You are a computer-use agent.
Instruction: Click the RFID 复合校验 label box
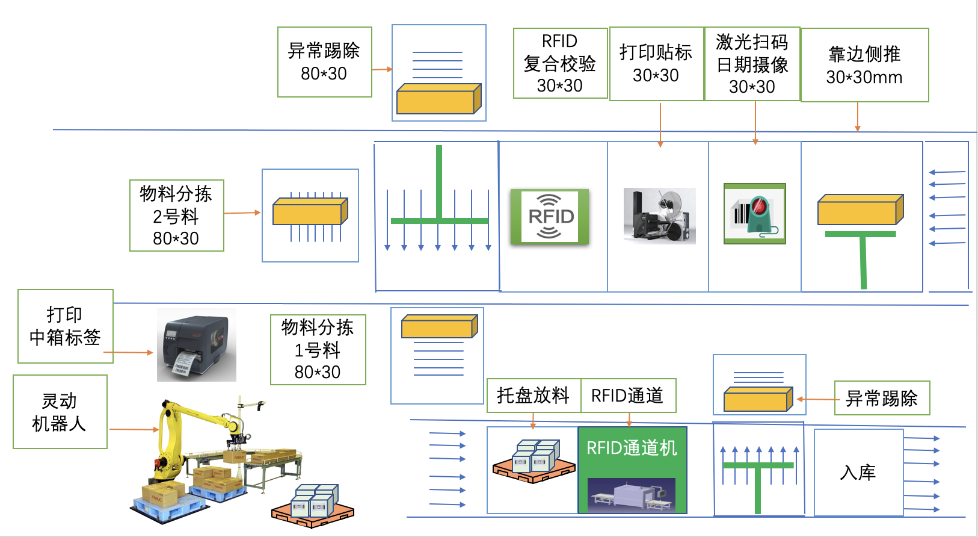pyautogui.click(x=560, y=63)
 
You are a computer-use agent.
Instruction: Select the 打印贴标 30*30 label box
pyautogui.click(x=656, y=63)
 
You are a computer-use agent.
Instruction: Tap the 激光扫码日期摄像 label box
pyautogui.click(x=752, y=63)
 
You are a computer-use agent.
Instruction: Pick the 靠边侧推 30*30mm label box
pyautogui.click(x=864, y=65)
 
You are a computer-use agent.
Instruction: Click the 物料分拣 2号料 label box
pyautogui.click(x=177, y=216)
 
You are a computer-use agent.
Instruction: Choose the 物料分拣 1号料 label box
pyautogui.click(x=318, y=349)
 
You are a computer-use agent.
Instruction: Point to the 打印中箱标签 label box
pyautogui.click(x=65, y=326)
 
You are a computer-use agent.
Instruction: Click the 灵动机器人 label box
pyautogui.click(x=60, y=412)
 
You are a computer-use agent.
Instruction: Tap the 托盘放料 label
pyautogui.click(x=534, y=396)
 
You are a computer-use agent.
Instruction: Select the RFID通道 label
pyautogui.click(x=627, y=396)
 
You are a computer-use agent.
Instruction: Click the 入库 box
pyautogui.click(x=858, y=473)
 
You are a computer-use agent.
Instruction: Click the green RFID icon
pyautogui.click(x=550, y=217)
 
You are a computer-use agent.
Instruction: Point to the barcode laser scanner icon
pyautogui.click(x=755, y=214)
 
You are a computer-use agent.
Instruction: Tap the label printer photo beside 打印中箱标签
pyautogui.click(x=196, y=345)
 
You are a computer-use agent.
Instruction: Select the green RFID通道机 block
pyautogui.click(x=632, y=470)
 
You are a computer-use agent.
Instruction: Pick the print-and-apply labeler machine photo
pyautogui.click(x=659, y=216)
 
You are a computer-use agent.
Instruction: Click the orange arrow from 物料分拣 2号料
pyautogui.click(x=242, y=213)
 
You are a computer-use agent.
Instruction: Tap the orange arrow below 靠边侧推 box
pyautogui.click(x=858, y=117)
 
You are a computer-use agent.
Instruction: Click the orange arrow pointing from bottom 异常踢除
pyautogui.click(x=816, y=399)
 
